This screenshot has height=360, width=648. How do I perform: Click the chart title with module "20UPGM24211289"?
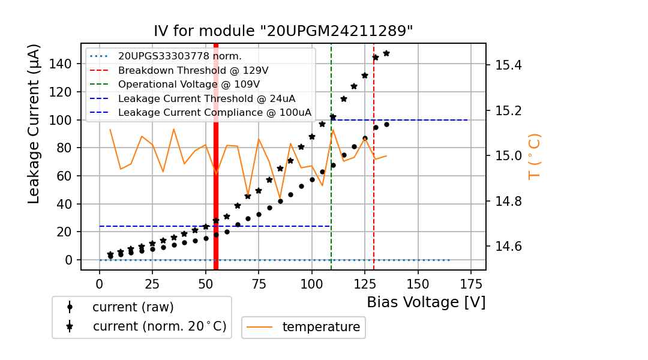point(283,31)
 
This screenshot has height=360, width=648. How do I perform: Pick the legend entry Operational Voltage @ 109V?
point(189,84)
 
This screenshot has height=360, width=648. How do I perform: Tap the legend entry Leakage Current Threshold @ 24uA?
point(206,98)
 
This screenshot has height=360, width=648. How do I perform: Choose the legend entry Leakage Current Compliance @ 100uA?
point(215,112)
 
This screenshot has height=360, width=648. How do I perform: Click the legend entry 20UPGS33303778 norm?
point(180,56)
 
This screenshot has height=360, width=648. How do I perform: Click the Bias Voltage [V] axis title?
point(426,302)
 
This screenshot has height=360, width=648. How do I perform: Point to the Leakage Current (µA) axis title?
point(34,123)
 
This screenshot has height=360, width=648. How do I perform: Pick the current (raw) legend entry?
point(133,307)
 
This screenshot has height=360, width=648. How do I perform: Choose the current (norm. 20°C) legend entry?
point(159,326)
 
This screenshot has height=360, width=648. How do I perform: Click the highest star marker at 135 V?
point(386,53)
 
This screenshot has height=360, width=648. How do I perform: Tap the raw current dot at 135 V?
point(386,124)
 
